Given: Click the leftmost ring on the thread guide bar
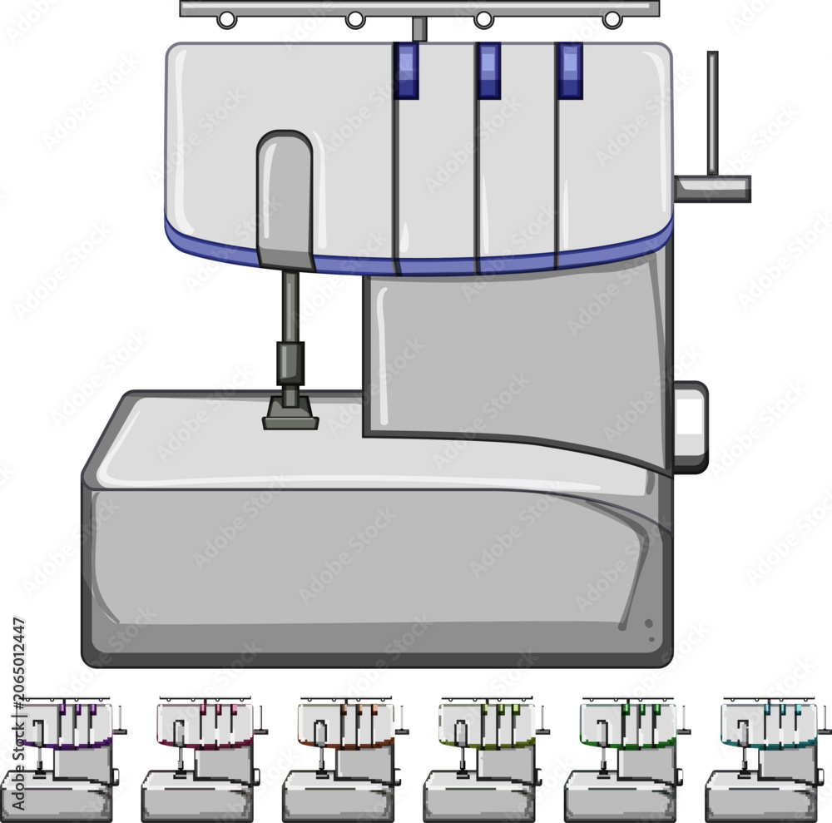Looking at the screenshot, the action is click(x=226, y=20).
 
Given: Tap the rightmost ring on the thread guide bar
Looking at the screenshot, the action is click(x=612, y=20).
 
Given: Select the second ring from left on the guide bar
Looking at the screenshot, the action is click(x=355, y=20).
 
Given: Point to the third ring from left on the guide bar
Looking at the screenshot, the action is click(x=483, y=20).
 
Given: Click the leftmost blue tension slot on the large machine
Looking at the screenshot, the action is click(x=406, y=71).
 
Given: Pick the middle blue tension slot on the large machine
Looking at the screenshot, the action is click(x=488, y=71).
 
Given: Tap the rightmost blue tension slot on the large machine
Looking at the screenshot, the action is click(x=570, y=71).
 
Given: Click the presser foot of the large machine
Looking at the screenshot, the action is click(x=290, y=414).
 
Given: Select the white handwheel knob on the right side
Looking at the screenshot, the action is click(x=691, y=427).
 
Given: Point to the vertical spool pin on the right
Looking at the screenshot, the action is click(x=713, y=113).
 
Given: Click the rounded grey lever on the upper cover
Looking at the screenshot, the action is click(x=285, y=200).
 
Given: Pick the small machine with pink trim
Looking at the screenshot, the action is click(x=205, y=759).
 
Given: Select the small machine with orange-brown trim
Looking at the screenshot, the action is click(x=345, y=759).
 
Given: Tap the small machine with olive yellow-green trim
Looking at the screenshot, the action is click(x=487, y=759).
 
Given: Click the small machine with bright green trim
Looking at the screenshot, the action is click(x=627, y=759).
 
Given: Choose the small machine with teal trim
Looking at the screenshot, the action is click(x=768, y=759).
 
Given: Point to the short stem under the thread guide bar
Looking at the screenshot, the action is click(x=419, y=28).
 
